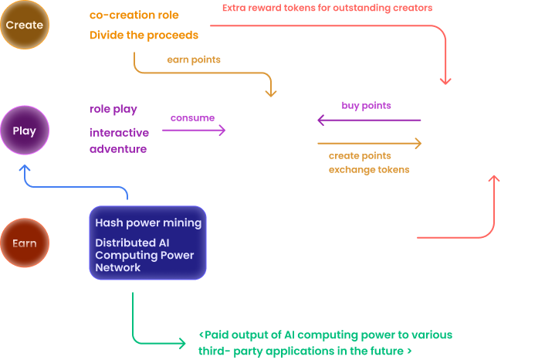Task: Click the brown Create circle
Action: click(24, 25)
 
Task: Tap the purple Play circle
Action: click(24, 131)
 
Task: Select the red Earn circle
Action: click(24, 243)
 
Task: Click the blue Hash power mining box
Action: click(148, 243)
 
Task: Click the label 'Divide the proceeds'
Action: click(144, 35)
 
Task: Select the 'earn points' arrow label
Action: click(194, 59)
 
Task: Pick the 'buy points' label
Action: click(366, 105)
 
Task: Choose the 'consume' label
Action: click(192, 117)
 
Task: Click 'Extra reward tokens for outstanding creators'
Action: click(327, 8)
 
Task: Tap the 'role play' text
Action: click(113, 110)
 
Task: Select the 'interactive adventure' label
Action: click(118, 141)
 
